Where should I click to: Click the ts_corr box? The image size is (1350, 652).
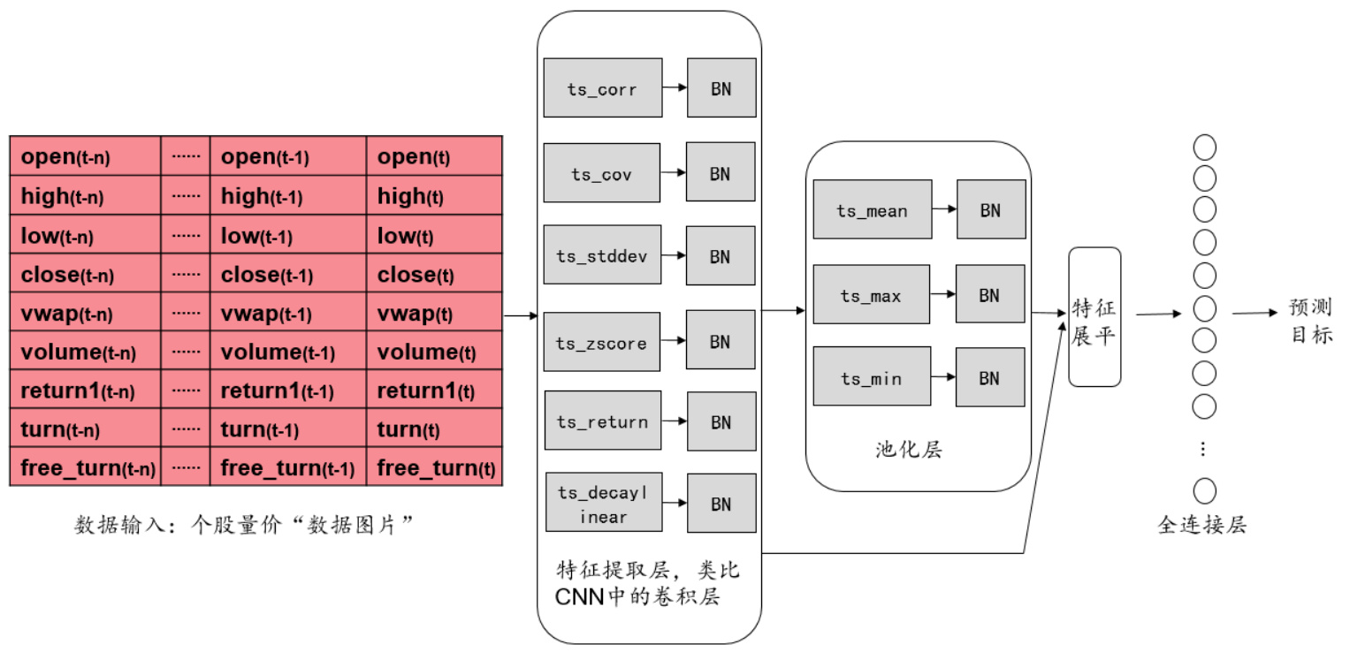(602, 88)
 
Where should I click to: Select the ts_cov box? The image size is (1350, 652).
(602, 173)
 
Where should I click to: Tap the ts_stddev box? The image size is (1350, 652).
(602, 255)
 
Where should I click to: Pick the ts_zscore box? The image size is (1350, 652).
(602, 342)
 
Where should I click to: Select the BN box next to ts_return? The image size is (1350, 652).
(721, 422)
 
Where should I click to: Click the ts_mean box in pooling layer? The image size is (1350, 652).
(872, 210)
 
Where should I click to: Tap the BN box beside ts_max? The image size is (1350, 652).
(990, 295)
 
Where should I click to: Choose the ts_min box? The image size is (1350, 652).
(872, 377)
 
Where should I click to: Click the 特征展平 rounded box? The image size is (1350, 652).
(1094, 317)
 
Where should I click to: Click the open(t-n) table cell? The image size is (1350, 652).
(85, 157)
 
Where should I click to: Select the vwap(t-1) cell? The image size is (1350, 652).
(288, 314)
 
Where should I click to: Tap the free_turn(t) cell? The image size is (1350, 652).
(435, 467)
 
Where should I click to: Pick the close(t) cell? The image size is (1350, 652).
(435, 275)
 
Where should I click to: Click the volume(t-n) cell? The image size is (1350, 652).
(85, 352)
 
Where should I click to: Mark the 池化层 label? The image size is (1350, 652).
(909, 451)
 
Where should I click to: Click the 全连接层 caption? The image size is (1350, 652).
(1201, 526)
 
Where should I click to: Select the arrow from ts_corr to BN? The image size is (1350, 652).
(675, 88)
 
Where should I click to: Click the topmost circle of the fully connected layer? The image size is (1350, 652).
(1204, 148)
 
